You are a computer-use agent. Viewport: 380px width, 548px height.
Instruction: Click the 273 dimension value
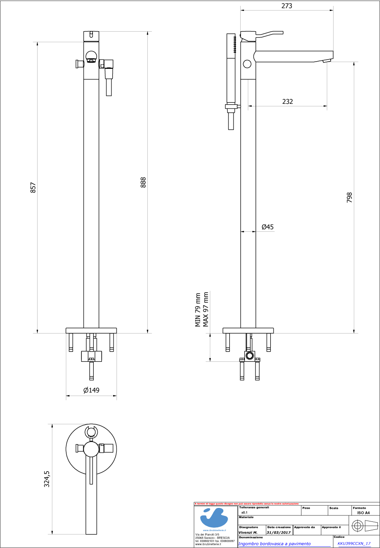click(x=287, y=6)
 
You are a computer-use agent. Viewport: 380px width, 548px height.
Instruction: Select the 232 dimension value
click(x=288, y=101)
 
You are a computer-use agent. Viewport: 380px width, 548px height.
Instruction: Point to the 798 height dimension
click(x=349, y=198)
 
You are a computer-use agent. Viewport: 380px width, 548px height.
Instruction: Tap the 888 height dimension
click(x=143, y=182)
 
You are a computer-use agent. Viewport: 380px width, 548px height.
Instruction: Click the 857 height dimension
click(x=33, y=188)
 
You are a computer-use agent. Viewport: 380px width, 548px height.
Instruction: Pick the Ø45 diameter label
click(x=267, y=227)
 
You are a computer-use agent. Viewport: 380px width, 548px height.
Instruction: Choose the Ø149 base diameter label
click(x=91, y=390)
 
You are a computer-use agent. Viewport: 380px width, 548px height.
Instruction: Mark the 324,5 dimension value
click(x=47, y=479)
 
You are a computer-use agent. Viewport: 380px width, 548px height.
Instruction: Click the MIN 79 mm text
click(x=197, y=310)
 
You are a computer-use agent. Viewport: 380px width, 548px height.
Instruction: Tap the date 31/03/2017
click(x=278, y=532)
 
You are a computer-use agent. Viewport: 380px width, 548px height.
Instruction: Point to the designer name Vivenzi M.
click(x=248, y=532)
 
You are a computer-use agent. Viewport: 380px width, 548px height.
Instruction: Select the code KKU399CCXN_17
click(x=354, y=544)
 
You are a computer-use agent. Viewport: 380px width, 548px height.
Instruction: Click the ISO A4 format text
click(x=363, y=513)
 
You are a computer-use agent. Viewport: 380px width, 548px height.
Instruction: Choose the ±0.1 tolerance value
click(x=244, y=512)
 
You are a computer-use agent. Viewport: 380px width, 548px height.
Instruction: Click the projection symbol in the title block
click(x=364, y=526)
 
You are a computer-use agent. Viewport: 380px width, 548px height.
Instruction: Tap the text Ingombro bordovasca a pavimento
click(x=274, y=544)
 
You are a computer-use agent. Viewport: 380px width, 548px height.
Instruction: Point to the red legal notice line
click(x=247, y=504)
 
